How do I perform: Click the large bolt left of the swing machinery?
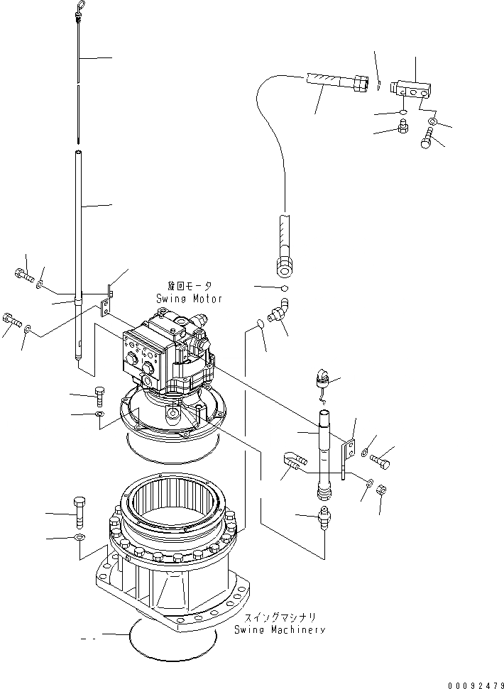[x=80, y=512]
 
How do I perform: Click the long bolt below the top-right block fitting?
[x=427, y=141]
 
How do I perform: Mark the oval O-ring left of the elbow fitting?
[x=260, y=325]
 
